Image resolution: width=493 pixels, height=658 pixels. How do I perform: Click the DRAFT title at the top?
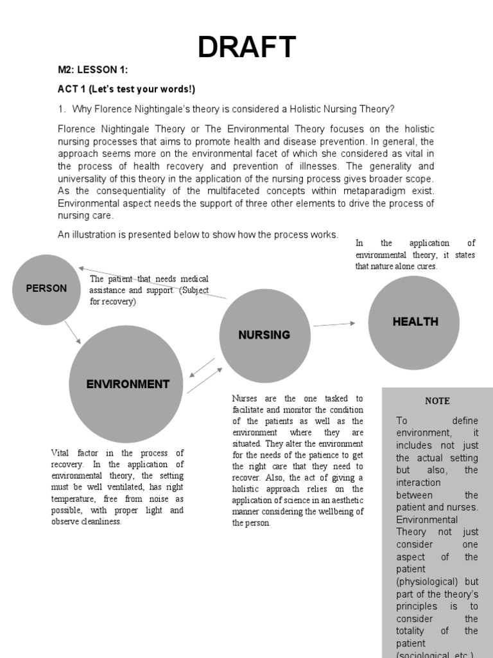point(246,47)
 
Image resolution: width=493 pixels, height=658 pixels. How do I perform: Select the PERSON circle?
point(46,289)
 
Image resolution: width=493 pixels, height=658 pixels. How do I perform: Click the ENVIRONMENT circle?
point(126,384)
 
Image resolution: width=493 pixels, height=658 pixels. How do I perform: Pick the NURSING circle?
point(264,335)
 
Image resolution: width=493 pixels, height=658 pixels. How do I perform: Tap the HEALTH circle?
point(415,322)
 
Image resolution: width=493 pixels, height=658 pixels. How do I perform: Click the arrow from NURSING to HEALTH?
point(334,325)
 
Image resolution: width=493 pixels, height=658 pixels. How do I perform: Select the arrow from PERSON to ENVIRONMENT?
point(73,332)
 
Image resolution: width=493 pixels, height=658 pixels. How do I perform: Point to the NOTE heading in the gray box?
point(437,401)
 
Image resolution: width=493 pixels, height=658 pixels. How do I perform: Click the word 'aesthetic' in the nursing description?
point(343,501)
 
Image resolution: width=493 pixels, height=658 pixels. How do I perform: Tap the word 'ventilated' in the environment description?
point(114,487)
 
